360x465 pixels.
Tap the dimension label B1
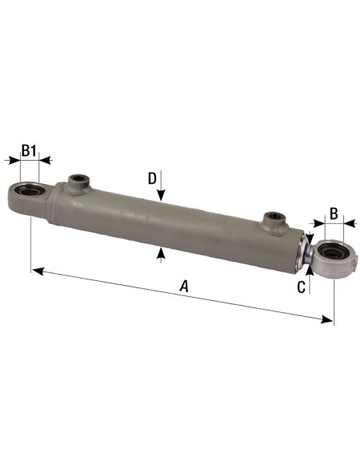tap(29, 150)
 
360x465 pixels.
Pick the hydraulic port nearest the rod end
tap(273, 217)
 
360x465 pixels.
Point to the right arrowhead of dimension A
tap(328, 320)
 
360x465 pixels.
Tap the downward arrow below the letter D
tap(162, 196)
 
